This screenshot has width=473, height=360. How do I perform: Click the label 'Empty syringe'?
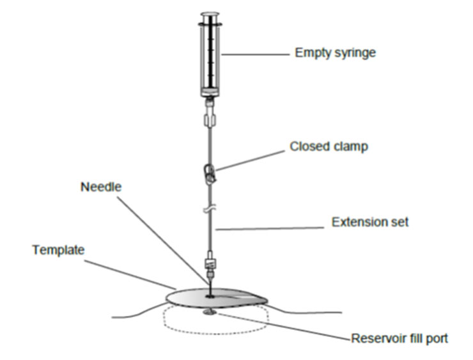pos(335,53)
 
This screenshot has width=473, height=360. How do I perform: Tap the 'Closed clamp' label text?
pos(329,146)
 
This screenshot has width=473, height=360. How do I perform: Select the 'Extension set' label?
pos(370,222)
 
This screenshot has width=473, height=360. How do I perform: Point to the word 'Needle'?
pos(101,187)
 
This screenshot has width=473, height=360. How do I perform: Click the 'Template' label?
pos(59,250)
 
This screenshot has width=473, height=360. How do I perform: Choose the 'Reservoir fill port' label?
pos(399,338)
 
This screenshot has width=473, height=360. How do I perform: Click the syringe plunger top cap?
pos(210,14)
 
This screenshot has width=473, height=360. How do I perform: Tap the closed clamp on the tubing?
pos(210,173)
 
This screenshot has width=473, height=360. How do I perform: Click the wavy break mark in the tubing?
pos(210,209)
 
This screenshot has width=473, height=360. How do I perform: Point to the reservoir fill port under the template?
pos(210,313)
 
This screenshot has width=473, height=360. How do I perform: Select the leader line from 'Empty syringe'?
pos(256,54)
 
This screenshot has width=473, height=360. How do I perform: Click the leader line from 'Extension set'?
pos(270,229)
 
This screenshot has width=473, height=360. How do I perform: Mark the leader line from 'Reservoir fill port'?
pos(284,327)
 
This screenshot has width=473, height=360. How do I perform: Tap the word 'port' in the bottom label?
pos(437,339)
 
